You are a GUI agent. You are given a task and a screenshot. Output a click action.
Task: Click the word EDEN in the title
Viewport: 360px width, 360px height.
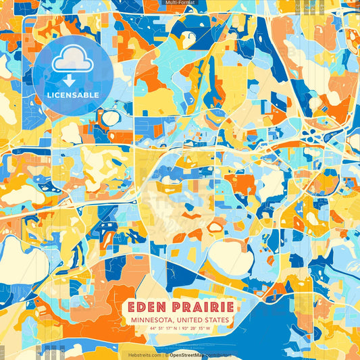coord(147,307)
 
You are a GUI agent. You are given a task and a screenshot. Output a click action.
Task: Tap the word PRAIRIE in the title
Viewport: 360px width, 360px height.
coord(201,307)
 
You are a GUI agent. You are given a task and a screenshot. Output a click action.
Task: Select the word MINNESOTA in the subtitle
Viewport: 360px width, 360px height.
coord(153,319)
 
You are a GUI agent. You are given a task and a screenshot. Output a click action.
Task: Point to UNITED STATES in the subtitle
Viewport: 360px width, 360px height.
coord(203,319)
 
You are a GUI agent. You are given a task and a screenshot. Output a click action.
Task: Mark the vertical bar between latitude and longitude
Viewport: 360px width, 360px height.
coord(178,328)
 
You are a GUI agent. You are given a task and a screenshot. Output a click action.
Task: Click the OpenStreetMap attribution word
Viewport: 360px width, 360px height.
coord(189,354)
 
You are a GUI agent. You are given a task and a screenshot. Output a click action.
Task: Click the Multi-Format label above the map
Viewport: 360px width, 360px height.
coord(180,3)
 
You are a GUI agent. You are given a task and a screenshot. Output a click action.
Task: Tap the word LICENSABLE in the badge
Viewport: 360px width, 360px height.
coord(72,93)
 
